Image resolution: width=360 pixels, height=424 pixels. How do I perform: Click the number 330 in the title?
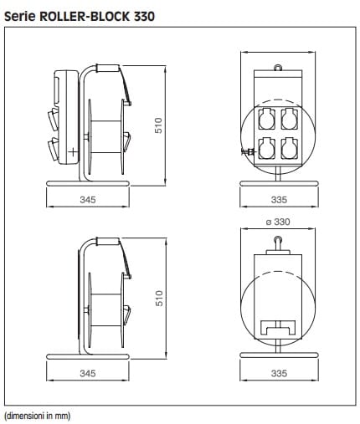tap(144, 17)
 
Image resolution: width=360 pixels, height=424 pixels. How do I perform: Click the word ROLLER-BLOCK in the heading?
tap(85, 17)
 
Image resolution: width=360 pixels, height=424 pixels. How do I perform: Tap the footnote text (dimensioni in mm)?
tap(38, 416)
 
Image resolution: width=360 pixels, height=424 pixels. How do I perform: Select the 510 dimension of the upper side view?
tap(158, 125)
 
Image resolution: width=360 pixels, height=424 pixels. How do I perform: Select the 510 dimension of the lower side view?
tap(159, 299)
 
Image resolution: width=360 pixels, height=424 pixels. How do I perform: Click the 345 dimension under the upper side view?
tap(88, 200)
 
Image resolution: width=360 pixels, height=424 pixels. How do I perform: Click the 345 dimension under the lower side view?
tap(88, 373)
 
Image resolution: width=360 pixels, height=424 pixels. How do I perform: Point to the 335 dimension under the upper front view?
tap(279, 200)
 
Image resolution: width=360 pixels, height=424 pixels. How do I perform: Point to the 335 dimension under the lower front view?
tap(279, 373)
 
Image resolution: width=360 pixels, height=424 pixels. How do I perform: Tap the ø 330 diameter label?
tap(278, 222)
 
